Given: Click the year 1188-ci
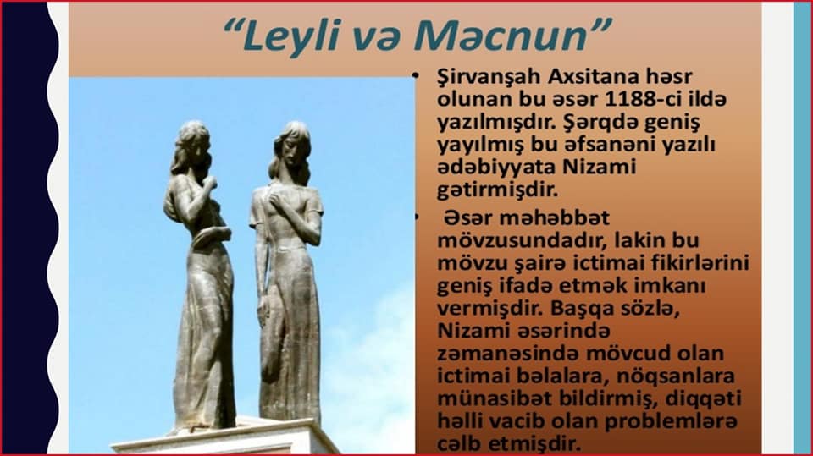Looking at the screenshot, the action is point(643,98).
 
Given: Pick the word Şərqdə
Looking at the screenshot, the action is point(595,123).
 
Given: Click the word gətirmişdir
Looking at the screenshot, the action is point(497,190).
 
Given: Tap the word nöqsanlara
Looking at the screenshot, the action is point(676,376).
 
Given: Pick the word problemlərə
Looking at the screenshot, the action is point(671,420).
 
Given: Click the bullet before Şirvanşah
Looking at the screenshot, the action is point(415,76).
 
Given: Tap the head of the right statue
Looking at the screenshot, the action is point(293,146).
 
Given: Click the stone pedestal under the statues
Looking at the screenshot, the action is point(223,439).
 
